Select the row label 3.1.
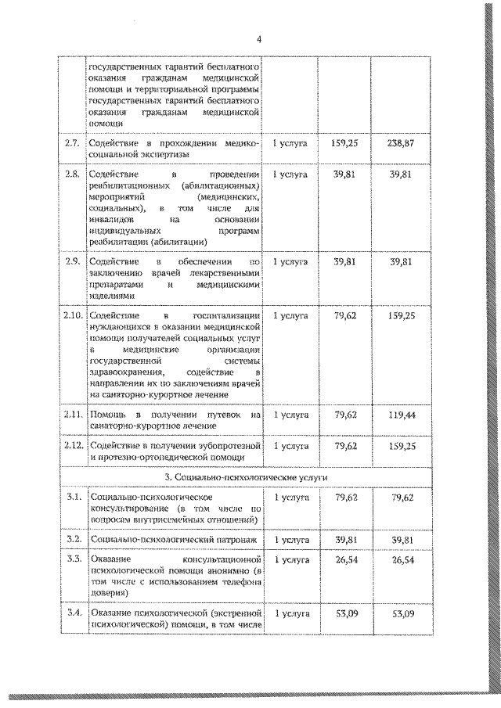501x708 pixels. (x=72, y=497)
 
